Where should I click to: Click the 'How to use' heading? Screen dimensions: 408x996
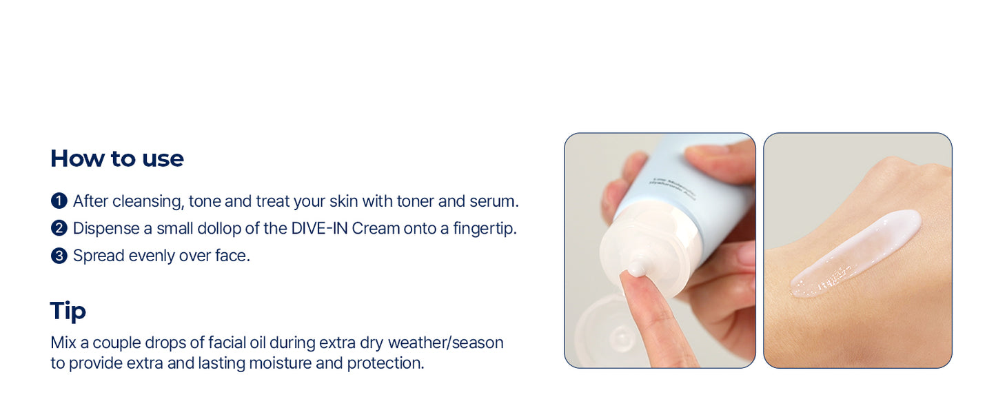pyautogui.click(x=116, y=159)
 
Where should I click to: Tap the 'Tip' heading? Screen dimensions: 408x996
pyautogui.click(x=68, y=311)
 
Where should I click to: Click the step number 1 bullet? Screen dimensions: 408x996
pyautogui.click(x=59, y=201)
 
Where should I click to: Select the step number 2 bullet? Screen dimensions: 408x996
pyautogui.click(x=59, y=228)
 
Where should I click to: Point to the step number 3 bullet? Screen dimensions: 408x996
pyautogui.click(x=59, y=256)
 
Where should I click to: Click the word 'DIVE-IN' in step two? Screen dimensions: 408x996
pyautogui.click(x=320, y=228)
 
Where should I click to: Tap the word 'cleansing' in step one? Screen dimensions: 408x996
pyautogui.click(x=147, y=201)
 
